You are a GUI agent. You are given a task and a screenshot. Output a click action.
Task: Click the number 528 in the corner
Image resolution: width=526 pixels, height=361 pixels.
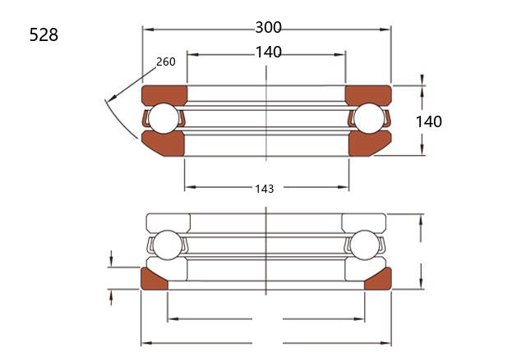coord(44,34)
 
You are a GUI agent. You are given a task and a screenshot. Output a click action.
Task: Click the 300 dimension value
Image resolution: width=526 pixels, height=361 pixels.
coord(269,27)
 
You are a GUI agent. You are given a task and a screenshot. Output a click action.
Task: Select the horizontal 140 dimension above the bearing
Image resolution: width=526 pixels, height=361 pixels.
coord(269,53)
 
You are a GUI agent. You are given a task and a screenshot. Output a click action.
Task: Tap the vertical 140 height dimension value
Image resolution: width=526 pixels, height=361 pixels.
coord(429,121)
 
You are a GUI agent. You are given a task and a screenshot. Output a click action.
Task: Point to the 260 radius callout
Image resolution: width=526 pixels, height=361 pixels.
coord(166,62)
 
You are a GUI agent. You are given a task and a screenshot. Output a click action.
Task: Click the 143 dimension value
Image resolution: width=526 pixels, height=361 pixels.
coord(265,189)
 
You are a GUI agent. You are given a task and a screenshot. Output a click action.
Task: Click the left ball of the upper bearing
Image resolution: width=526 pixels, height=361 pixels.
coord(164,118)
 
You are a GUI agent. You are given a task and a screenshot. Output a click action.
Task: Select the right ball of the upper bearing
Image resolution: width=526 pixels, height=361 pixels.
coord(369,118)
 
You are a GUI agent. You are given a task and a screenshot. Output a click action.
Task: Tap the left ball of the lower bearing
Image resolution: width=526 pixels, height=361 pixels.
coord(168,245)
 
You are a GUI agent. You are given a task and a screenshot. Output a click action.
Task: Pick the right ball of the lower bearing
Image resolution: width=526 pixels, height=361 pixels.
coord(364,245)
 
